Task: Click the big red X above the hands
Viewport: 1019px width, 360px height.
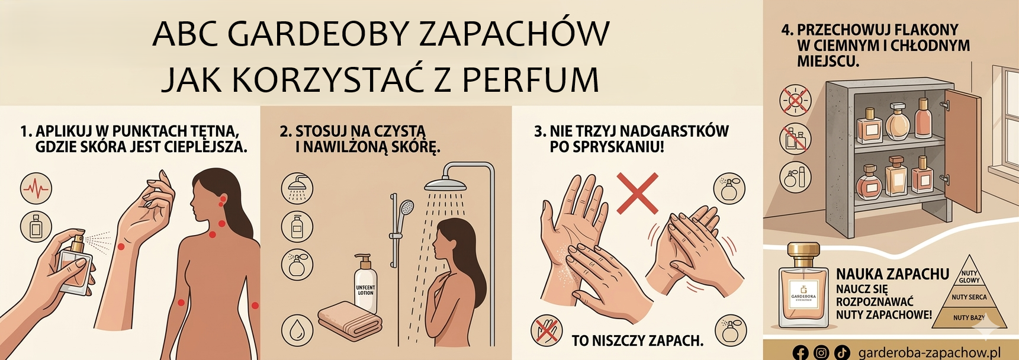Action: pyautogui.click(x=637, y=193)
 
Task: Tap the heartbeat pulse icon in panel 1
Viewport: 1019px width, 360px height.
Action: pyautogui.click(x=36, y=189)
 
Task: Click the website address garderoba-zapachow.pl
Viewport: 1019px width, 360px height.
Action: pyautogui.click(x=928, y=352)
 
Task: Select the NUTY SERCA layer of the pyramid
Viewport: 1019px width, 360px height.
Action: pyautogui.click(x=969, y=297)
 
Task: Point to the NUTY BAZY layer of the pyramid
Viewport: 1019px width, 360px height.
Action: pyautogui.click(x=969, y=318)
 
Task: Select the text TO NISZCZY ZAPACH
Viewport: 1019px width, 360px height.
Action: pyautogui.click(x=637, y=340)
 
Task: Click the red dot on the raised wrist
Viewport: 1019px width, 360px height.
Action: pyautogui.click(x=121, y=246)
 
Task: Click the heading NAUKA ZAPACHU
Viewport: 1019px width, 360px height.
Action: pyautogui.click(x=892, y=274)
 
